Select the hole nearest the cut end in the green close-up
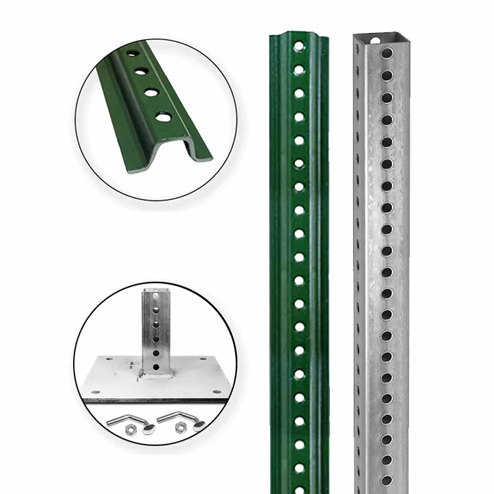(162, 119)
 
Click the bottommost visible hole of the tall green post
(300, 468)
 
